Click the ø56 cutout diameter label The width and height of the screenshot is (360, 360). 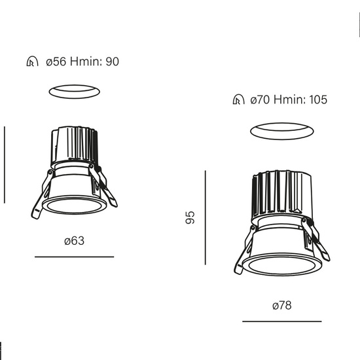pos(56,62)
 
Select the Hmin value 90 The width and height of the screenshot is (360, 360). pos(112,62)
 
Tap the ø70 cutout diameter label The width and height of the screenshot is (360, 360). pos(260,99)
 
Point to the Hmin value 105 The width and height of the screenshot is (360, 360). pos(318,99)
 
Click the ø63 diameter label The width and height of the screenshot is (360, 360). pos(75,241)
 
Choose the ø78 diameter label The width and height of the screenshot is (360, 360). pos(282,306)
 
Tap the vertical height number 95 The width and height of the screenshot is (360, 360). pos(190,217)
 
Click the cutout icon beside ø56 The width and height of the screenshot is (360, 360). pos(32,62)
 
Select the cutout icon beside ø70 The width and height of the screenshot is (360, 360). pos(238,99)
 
